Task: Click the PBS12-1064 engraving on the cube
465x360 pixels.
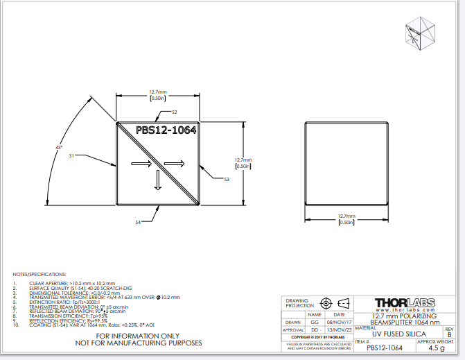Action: [166, 130]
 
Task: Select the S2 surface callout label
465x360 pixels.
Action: [175, 112]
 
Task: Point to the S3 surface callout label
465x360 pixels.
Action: [227, 180]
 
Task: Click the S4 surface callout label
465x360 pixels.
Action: [138, 222]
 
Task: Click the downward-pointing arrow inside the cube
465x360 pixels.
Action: [157, 180]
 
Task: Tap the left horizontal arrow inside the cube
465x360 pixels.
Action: [140, 164]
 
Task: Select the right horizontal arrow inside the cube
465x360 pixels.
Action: [174, 164]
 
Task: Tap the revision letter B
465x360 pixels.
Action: [449, 334]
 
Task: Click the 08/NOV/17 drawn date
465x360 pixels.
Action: [340, 322]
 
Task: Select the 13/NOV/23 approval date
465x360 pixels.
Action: [340, 330]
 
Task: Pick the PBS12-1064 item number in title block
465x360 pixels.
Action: [386, 349]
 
